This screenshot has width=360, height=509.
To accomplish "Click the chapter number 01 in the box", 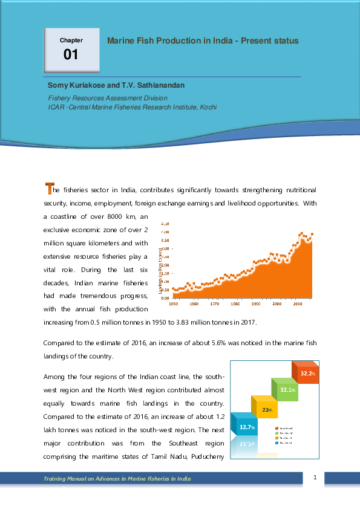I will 71,55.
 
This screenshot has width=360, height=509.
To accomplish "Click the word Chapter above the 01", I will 71,41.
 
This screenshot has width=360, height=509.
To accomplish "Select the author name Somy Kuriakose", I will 73,86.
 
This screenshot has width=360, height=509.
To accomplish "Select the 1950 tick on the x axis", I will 174,303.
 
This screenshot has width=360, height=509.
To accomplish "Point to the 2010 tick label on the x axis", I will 298,303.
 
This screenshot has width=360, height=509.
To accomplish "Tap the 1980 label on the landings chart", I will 235,303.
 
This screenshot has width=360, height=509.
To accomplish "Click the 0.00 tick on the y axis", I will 165,298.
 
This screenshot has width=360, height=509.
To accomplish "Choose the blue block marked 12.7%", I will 247,427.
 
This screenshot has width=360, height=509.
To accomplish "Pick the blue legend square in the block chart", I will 276,442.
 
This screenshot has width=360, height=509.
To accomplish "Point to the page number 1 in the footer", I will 315,478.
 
